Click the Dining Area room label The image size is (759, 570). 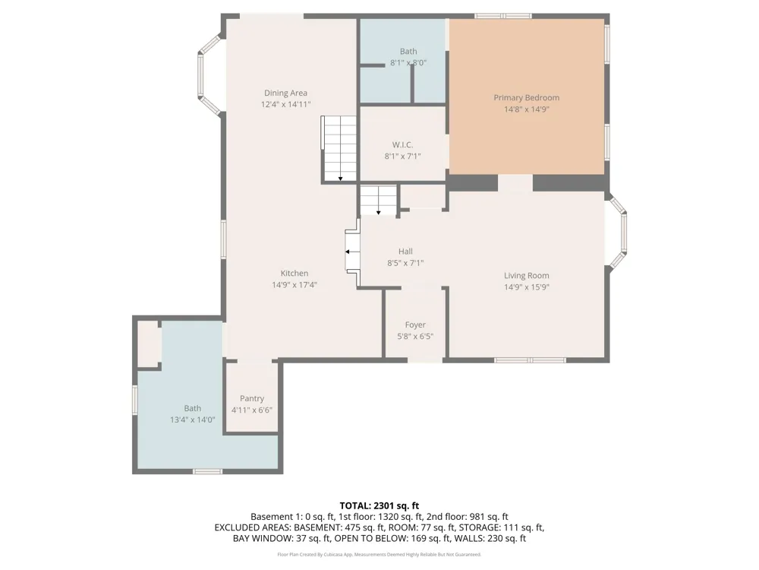coord(285,93)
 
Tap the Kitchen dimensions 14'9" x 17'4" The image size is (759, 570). coord(294,285)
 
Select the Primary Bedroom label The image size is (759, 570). coord(527,98)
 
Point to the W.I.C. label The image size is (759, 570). coord(402,145)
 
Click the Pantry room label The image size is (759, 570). coord(252,398)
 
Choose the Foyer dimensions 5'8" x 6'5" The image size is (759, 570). coord(415,337)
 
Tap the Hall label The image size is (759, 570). coord(405,251)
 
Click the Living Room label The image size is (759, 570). coord(527,276)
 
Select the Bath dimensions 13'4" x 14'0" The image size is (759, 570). coord(193,420)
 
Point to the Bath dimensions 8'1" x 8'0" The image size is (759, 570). coord(408,62)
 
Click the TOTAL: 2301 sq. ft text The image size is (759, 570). coord(379,506)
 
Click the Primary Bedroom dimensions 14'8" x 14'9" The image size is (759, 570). coord(527,109)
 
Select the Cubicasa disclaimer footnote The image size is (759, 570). coord(379,555)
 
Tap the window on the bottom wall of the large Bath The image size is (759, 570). coord(208,471)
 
